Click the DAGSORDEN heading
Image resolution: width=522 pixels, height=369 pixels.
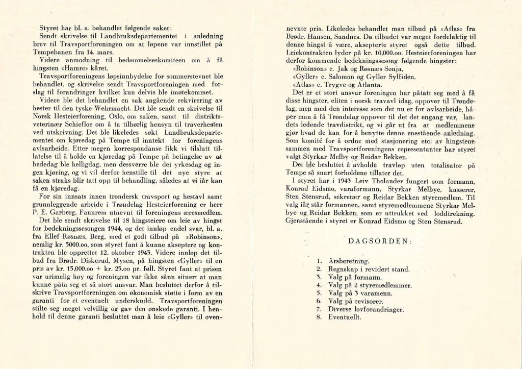pyautogui.click(x=381, y=241)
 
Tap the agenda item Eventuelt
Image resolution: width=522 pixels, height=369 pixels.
pyautogui.click(x=346, y=317)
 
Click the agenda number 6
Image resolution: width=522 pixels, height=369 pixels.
pyautogui.click(x=319, y=301)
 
